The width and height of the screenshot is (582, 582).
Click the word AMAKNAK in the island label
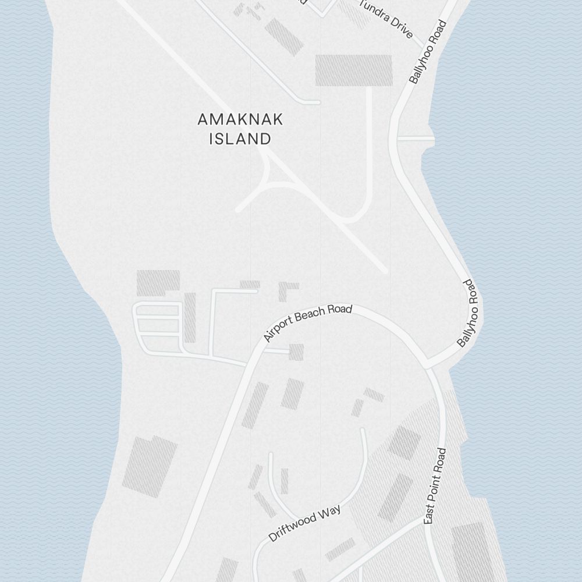click(240, 119)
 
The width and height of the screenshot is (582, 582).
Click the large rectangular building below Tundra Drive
click(353, 70)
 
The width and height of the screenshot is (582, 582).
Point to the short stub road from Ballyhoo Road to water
click(415, 139)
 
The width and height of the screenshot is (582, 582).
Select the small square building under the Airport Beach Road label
click(296, 352)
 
